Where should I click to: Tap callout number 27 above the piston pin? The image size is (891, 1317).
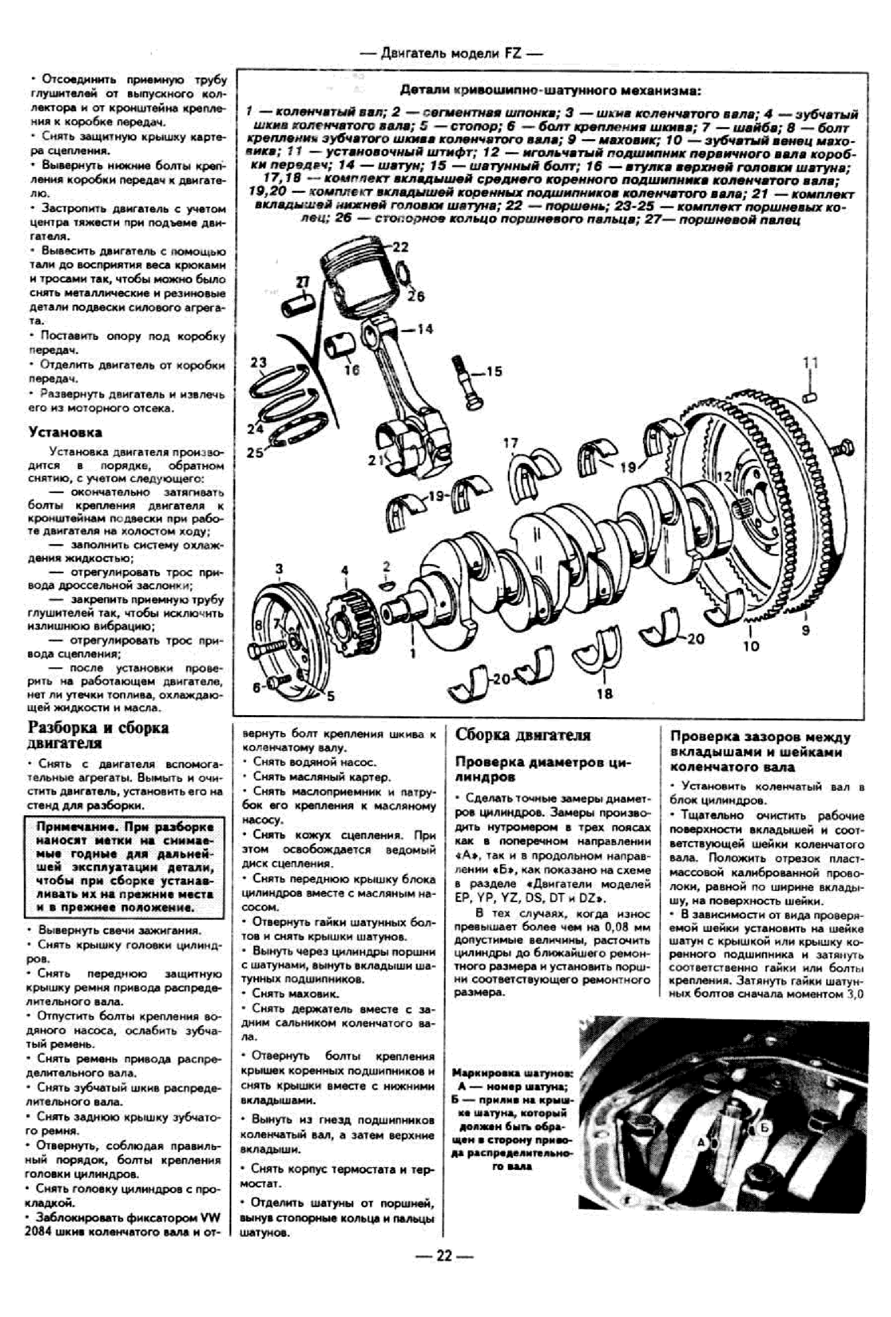[x=304, y=282]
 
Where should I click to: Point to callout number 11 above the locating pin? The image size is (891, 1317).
[x=811, y=363]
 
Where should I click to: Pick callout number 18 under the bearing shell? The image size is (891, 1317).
[x=604, y=692]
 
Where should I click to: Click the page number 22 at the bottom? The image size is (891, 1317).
[x=444, y=1271]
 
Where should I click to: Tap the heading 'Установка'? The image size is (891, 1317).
[x=65, y=433]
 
